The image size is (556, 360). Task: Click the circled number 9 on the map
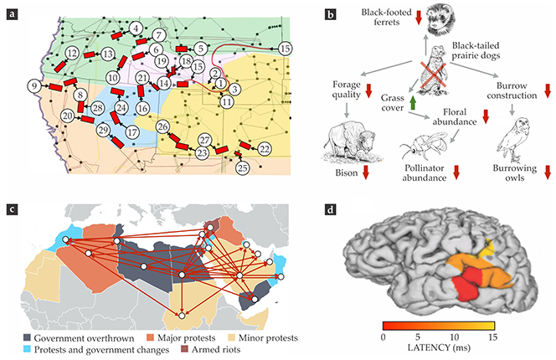coord(33,85)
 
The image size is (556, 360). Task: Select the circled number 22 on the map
coord(265,148)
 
